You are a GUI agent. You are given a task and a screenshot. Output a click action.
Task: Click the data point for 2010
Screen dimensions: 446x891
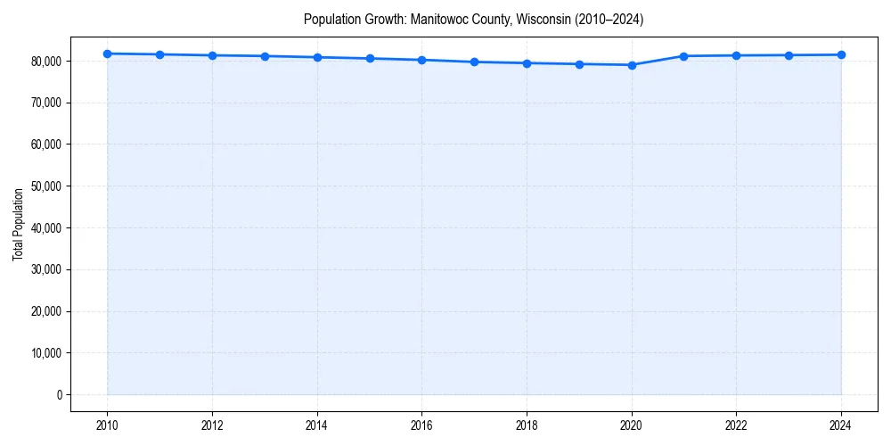coord(107,54)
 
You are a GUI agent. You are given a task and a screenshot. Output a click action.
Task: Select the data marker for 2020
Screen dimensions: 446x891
coord(632,65)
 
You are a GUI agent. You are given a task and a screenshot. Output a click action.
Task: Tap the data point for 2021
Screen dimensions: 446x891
coord(683,56)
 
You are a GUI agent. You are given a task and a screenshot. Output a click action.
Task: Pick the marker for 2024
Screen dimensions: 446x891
coord(841,54)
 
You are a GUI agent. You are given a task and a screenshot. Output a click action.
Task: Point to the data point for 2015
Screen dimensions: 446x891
coord(370,59)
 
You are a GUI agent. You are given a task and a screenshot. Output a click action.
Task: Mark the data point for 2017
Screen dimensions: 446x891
coord(474,62)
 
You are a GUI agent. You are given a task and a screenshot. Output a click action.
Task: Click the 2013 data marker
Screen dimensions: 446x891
coord(265,56)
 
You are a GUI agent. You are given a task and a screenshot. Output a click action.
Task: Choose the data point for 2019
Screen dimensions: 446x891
coord(579,64)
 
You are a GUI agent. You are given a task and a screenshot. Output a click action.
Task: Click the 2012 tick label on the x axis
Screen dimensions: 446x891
coord(212,425)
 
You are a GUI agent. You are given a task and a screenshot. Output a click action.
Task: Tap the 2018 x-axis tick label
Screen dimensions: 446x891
coord(527,425)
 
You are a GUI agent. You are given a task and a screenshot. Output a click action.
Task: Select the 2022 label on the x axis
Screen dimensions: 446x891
coord(736,425)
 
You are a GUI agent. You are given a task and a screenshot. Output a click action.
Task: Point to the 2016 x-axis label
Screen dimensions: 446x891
coord(421,425)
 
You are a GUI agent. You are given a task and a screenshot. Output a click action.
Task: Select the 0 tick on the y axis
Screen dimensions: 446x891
coord(60,394)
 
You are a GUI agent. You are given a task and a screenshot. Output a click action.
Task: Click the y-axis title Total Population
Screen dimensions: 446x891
coord(18,224)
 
